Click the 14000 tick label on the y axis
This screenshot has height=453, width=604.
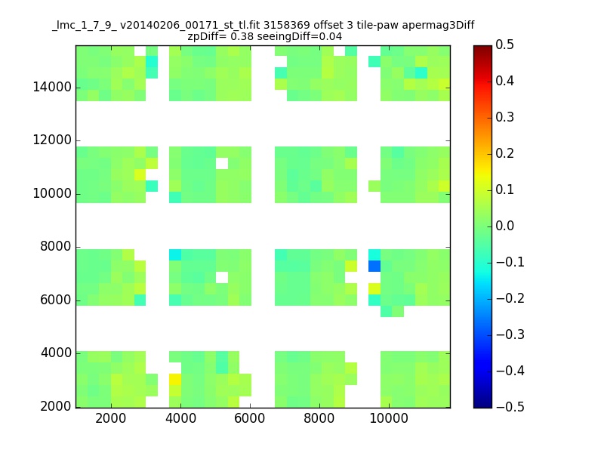(x=52, y=87)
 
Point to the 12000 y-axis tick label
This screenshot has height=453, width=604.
(x=52, y=140)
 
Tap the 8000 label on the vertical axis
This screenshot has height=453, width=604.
(x=56, y=247)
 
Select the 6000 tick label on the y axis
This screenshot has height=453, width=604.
(x=56, y=300)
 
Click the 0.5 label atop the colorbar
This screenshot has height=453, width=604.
(x=505, y=45)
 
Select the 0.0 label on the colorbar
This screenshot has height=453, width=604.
(x=505, y=226)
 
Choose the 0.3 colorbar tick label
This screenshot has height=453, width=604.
(x=505, y=117)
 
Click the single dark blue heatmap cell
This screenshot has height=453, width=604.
(x=374, y=266)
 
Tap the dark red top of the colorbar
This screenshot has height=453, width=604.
(x=483, y=48)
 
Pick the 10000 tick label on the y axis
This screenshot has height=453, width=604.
(x=52, y=194)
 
